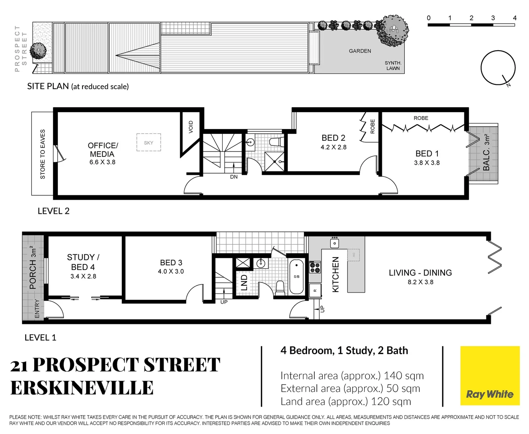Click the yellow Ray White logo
coord(490,376)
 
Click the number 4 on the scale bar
coord(514,18)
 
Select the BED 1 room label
coord(427,154)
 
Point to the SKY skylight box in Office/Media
coord(148,143)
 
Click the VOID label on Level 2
coord(191,127)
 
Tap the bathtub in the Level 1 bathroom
coord(297,277)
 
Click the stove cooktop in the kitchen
coord(315,267)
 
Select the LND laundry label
coord(244,282)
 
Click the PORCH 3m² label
coord(33,268)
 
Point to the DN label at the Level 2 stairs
coord(234,177)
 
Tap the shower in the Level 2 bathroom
coord(275,162)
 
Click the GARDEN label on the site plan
coord(360,51)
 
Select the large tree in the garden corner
coord(393,30)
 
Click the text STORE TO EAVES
coord(43,154)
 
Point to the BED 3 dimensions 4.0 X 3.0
coord(171,272)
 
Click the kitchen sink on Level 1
coord(334,243)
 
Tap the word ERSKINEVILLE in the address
coord(82,388)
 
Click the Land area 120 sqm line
coord(345,401)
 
